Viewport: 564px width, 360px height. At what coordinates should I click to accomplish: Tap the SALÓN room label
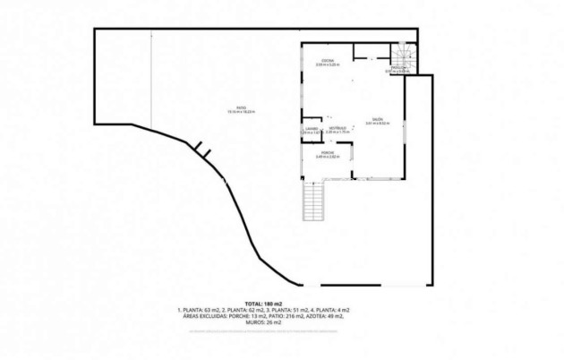pos(377,120)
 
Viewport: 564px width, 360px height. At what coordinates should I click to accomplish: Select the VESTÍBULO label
pos(337,128)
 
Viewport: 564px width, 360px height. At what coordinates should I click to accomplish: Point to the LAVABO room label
pos(311,129)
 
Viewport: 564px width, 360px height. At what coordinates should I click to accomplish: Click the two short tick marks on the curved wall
pos(203,153)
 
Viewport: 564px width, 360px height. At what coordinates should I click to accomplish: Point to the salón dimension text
pos(377,124)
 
